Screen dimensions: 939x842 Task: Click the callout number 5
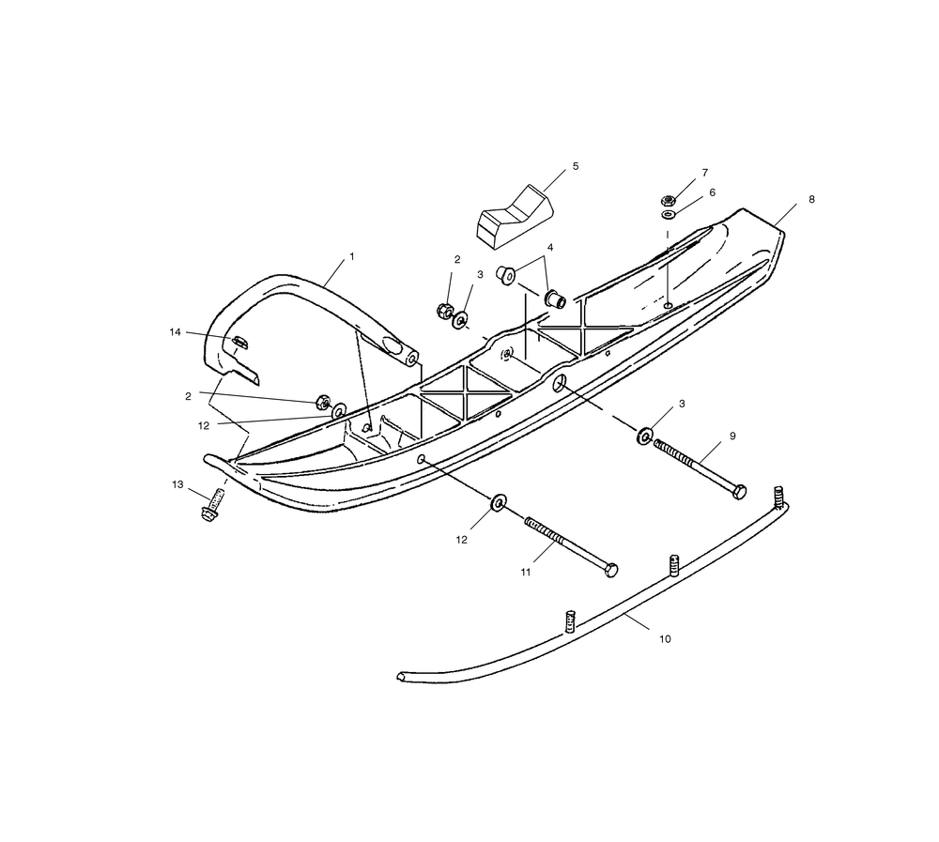576,166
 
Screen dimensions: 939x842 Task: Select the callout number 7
704,174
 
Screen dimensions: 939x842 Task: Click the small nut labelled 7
669,200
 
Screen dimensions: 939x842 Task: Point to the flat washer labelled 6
668,214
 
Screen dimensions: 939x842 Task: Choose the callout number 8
811,200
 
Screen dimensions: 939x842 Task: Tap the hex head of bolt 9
739,491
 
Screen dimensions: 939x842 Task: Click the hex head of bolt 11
611,570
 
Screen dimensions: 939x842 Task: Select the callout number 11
526,571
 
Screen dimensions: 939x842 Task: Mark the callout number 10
665,639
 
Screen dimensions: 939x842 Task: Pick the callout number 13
177,484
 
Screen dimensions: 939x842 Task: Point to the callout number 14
175,332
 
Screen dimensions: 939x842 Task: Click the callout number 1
352,256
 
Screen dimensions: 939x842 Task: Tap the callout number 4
550,248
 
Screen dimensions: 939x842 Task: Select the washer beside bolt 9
646,436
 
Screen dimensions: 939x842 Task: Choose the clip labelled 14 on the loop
239,342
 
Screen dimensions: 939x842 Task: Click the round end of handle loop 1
411,358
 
